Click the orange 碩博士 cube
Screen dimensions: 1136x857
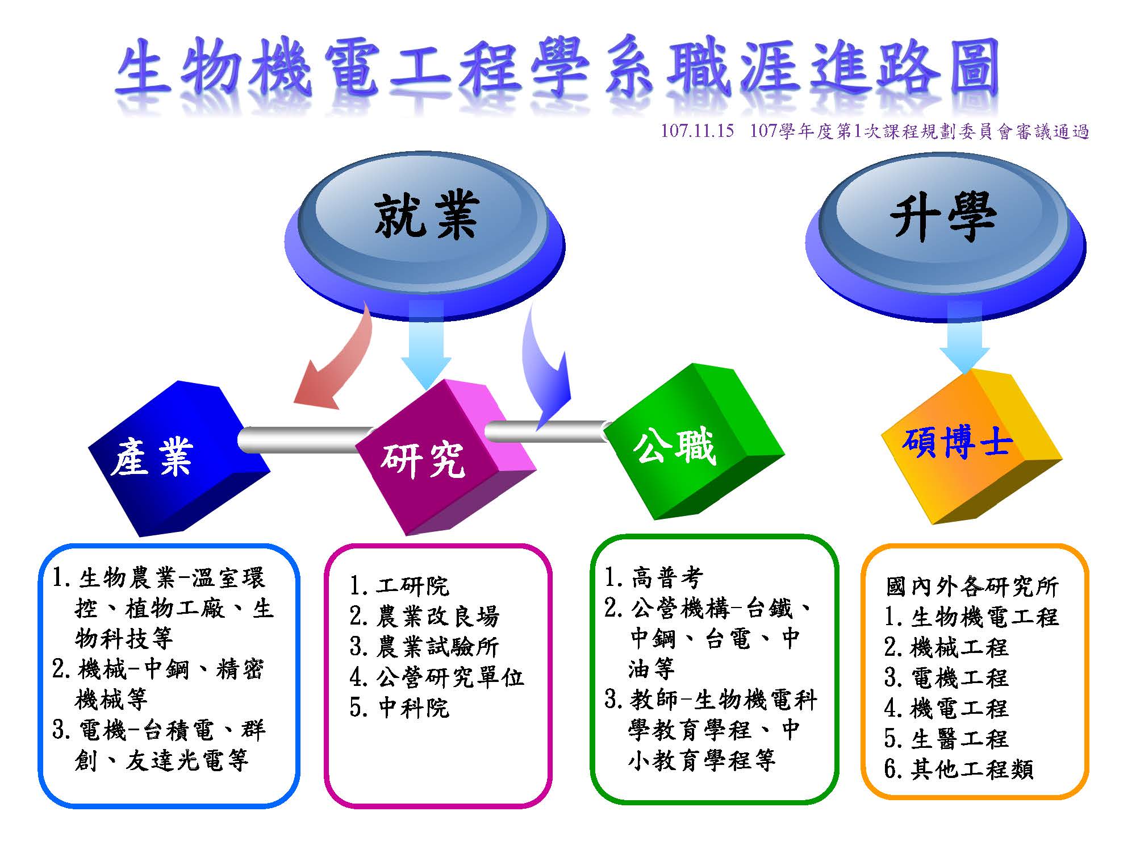tap(971, 447)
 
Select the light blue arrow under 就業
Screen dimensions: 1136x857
tap(426, 344)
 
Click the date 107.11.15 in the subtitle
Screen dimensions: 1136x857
tap(697, 131)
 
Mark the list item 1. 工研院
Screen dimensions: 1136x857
tap(399, 585)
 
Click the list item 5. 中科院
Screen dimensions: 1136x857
tap(399, 708)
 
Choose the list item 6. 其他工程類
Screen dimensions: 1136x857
tap(959, 769)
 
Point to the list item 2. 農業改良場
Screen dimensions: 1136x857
tap(424, 616)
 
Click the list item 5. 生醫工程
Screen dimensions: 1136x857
tap(946, 739)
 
